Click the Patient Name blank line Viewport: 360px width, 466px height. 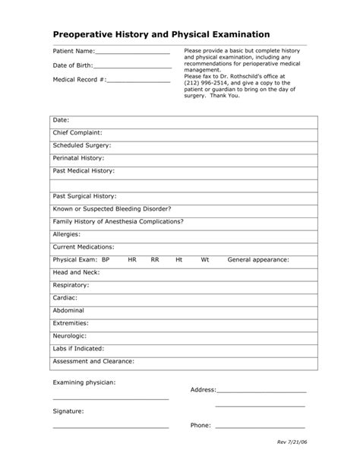133,53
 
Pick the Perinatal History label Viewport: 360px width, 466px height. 80,157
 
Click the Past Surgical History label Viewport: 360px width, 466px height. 84,196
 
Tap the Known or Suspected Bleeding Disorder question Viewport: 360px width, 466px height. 112,209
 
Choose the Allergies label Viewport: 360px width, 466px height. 67,235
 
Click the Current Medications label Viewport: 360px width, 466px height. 84,247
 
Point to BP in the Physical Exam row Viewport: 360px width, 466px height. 106,260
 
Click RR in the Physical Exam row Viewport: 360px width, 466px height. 155,260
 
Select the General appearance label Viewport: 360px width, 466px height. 258,260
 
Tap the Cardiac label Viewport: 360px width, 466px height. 66,298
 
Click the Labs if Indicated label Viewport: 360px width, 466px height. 77,349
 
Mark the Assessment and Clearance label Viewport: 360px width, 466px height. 93,362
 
